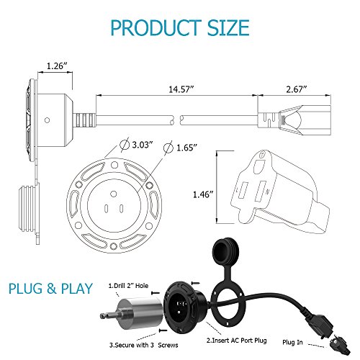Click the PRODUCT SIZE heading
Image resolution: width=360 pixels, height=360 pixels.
coord(180,27)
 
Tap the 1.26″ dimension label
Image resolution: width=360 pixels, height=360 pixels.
coord(57,66)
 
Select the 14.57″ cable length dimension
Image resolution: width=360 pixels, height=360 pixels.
coord(181,89)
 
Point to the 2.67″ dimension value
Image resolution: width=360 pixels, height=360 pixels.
coord(297,89)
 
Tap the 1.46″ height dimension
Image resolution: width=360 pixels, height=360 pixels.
coord(203,194)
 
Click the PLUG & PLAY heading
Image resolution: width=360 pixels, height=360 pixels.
coord(50,289)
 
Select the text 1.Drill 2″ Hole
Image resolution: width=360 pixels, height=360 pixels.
coord(128,286)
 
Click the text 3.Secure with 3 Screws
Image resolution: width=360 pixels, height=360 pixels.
coord(144,345)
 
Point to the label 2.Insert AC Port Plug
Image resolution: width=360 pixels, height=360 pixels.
coord(237,341)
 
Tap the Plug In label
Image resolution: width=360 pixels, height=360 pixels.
coord(292,343)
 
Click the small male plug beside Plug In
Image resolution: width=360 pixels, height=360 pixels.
coord(339,345)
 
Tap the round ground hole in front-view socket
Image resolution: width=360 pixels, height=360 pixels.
coord(114,194)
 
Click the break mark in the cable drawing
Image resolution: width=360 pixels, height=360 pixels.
coord(176,120)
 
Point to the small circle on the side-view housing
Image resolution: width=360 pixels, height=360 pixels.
coord(48,120)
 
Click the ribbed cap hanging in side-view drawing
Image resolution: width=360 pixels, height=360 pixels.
coord(28,208)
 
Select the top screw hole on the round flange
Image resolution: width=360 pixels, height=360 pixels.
coord(114,165)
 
